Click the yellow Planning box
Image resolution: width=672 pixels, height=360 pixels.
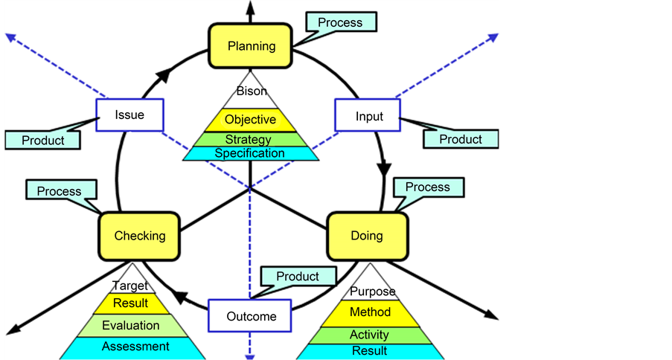251,46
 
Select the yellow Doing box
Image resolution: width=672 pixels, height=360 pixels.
367,237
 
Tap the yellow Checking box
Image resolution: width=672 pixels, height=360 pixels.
139,237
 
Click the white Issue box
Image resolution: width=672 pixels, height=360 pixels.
129,115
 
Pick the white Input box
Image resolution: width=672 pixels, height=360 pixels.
368,116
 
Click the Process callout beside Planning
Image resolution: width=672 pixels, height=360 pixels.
340,23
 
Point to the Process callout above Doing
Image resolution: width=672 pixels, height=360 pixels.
427,187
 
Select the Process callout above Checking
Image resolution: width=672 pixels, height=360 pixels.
60,191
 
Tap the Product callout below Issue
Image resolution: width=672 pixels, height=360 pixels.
42,140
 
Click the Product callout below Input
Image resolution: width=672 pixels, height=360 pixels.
460,139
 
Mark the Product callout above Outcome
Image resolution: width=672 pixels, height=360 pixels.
298,277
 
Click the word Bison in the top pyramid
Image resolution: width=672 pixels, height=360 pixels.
251,92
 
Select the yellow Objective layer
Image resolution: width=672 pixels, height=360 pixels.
250,120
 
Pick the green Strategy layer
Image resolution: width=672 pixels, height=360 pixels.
249,139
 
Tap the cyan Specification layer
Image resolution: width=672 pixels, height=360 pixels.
249,153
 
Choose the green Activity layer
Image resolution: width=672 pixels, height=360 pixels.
369,335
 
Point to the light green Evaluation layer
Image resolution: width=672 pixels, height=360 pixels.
131,325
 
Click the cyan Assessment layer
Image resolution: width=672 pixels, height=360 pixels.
135,347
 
